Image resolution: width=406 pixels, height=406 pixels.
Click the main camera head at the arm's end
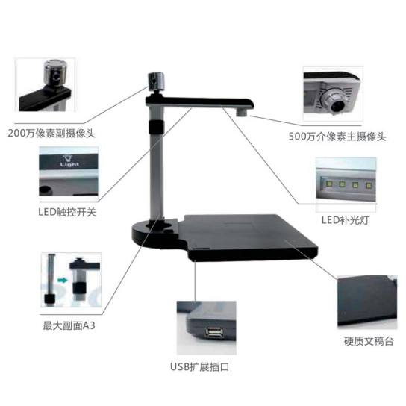(244, 110)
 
